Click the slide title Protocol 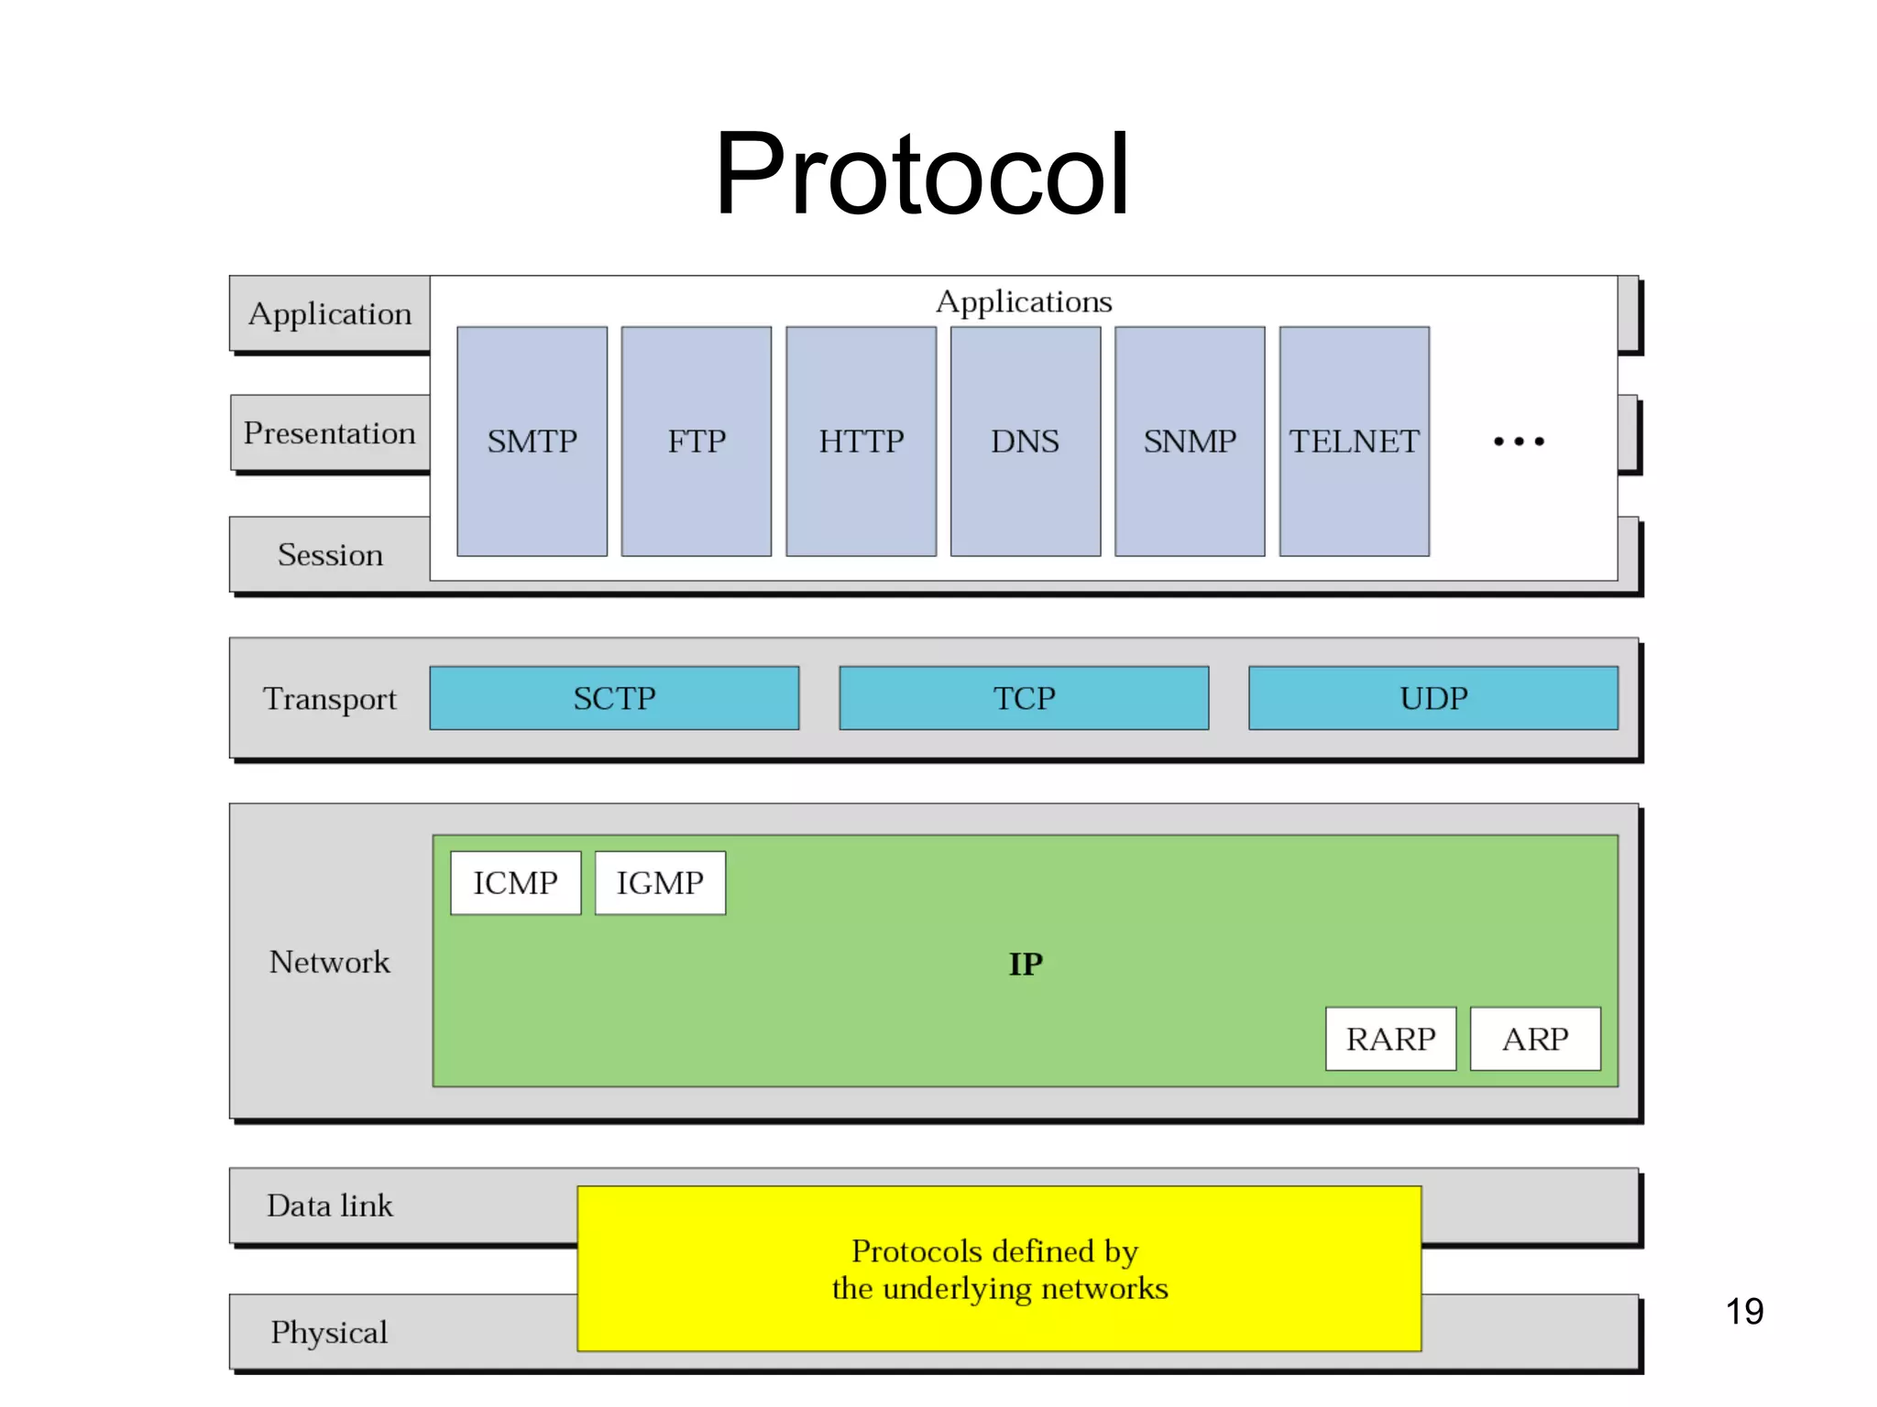click(x=921, y=174)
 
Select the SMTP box click(x=532, y=442)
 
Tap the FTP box click(x=697, y=442)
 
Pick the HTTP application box click(x=861, y=442)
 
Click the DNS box click(x=1025, y=442)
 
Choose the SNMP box click(x=1190, y=442)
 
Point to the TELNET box click(x=1354, y=442)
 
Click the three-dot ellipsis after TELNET click(x=1519, y=442)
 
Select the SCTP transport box click(x=614, y=698)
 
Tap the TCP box click(x=1024, y=698)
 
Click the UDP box click(x=1433, y=698)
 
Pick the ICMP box click(x=515, y=883)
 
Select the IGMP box click(x=660, y=883)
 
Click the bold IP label click(x=1026, y=964)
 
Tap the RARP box click(x=1390, y=1039)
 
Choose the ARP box click(x=1535, y=1039)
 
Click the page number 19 click(x=1744, y=1311)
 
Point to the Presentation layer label click(x=330, y=433)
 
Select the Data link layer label click(x=330, y=1205)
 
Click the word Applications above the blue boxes click(x=1024, y=301)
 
